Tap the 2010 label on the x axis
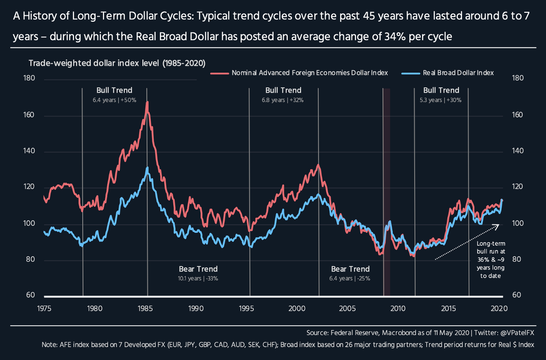(398, 308)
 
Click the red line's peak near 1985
(147, 102)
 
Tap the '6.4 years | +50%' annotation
(114, 100)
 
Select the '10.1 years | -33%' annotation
(198, 278)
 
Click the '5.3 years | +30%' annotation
(441, 100)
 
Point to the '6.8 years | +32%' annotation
(283, 100)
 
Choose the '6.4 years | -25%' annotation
(350, 278)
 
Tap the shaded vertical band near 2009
(386, 192)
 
